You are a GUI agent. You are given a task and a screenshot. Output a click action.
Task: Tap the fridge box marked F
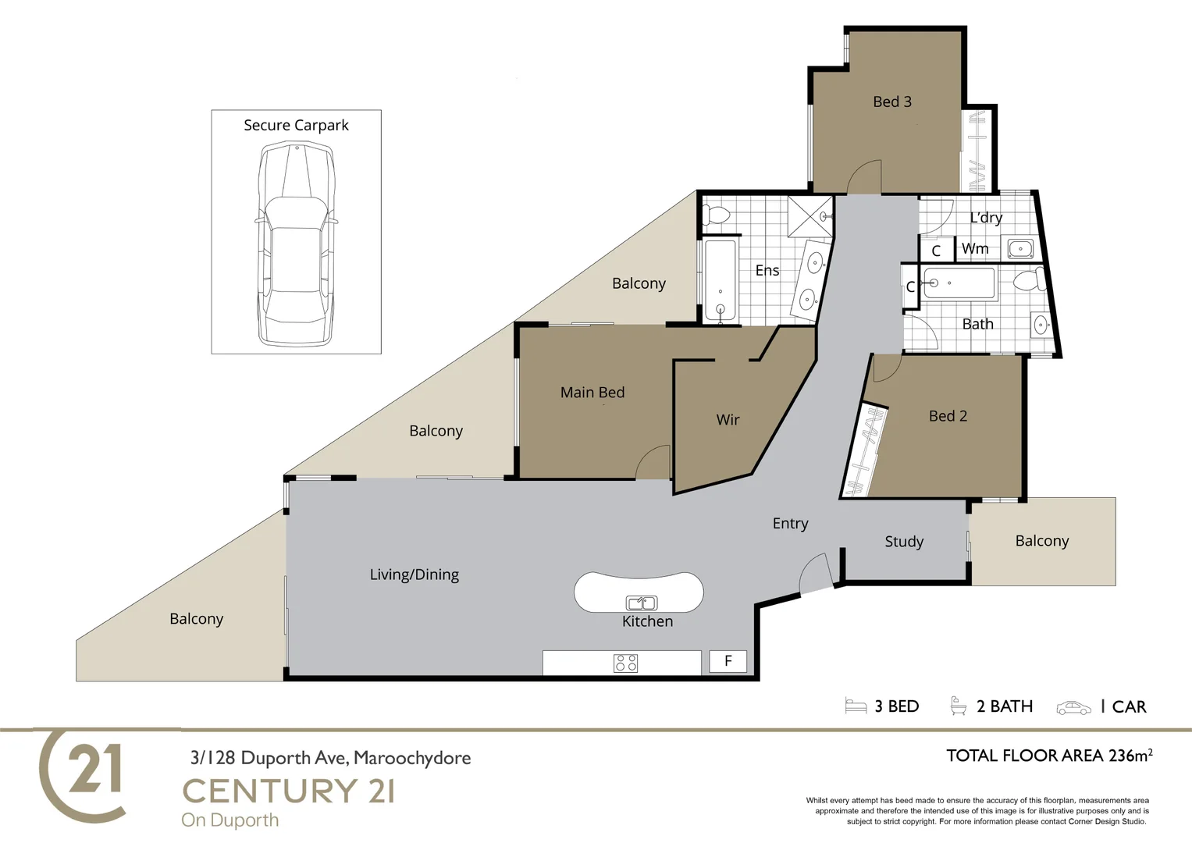(728, 661)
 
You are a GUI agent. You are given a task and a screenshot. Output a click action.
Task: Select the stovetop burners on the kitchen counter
(626, 663)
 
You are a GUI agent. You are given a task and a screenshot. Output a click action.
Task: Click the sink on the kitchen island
(642, 603)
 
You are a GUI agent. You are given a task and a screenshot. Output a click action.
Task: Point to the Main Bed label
(592, 393)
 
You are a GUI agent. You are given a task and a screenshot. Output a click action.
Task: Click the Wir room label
(728, 420)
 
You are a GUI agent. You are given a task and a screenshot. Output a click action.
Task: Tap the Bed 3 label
(891, 101)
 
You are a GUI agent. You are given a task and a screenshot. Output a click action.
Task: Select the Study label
(903, 542)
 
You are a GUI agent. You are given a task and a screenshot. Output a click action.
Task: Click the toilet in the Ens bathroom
(716, 215)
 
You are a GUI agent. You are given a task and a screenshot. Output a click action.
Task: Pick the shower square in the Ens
(810, 215)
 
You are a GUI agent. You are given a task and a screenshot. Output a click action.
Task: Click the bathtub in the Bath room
(959, 283)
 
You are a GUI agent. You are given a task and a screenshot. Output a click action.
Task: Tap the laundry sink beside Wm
(1020, 249)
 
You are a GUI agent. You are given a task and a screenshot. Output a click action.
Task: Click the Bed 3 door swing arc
(865, 177)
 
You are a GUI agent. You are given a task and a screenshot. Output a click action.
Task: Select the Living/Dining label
(414, 574)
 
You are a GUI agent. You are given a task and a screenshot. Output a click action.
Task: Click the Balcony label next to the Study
(1041, 541)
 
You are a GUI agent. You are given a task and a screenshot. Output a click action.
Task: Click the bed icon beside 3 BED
(856, 706)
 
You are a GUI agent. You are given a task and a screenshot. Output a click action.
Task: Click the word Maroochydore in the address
(412, 758)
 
